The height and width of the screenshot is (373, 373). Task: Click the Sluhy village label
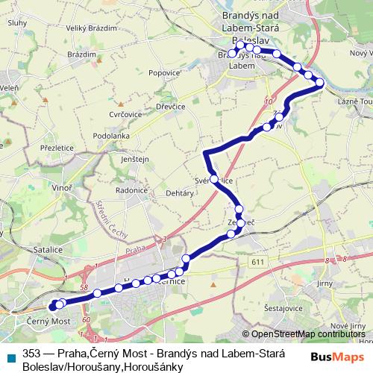(17, 23)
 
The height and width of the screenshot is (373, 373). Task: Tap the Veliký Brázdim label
(92, 28)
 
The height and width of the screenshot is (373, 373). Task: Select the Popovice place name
(164, 73)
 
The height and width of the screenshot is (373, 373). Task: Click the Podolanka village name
(111, 136)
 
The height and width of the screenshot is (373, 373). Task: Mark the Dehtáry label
(180, 192)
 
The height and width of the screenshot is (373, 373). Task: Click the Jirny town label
(325, 284)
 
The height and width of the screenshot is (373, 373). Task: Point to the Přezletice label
(57, 148)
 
